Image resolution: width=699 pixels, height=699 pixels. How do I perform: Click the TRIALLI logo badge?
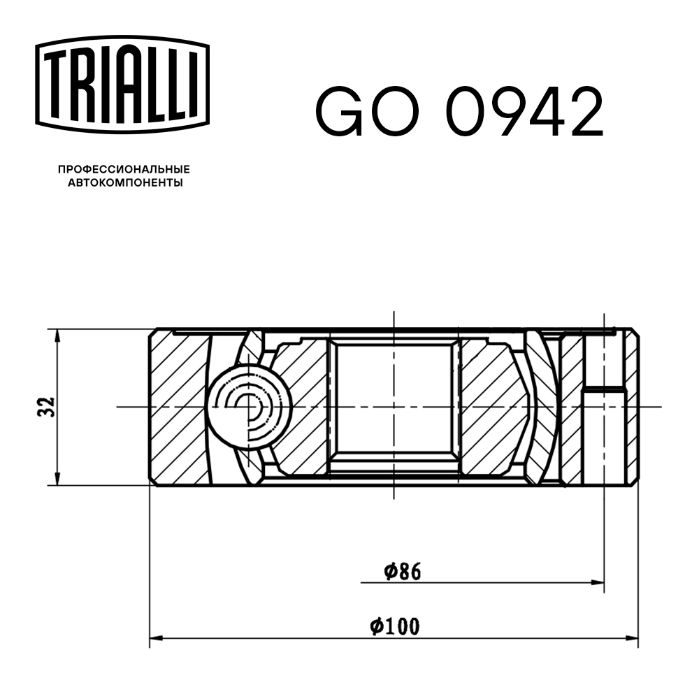[x=122, y=83]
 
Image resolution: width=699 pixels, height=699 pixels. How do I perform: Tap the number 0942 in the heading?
[x=524, y=113]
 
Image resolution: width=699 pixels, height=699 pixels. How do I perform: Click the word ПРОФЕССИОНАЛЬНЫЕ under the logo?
[x=124, y=169]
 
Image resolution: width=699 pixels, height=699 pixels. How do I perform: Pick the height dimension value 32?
[x=46, y=407]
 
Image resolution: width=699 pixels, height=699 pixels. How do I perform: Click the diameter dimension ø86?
[x=402, y=572]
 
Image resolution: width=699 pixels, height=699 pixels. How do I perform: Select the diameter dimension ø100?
[x=395, y=626]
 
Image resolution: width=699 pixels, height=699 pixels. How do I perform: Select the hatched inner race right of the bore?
[x=489, y=405]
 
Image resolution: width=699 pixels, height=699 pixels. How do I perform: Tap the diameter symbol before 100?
[x=375, y=626]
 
